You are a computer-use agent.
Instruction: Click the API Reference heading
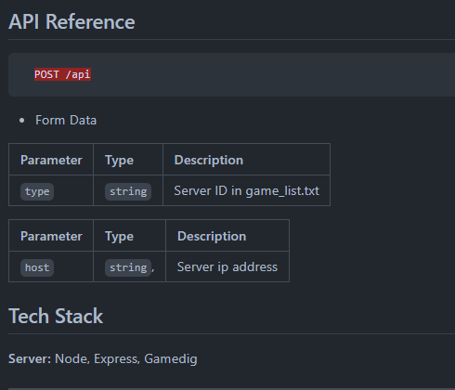tap(71, 22)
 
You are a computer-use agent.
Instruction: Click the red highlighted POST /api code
tap(62, 74)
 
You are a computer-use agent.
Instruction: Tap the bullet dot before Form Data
tap(21, 121)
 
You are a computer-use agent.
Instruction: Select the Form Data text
tap(66, 120)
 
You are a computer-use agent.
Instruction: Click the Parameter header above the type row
tap(51, 160)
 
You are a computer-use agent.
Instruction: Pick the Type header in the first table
tap(119, 161)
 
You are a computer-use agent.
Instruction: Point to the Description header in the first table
tap(209, 160)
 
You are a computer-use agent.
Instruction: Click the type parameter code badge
tap(37, 191)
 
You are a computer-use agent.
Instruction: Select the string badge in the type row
tap(128, 191)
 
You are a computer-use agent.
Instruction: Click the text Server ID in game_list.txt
tap(246, 190)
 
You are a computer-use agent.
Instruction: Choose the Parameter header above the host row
tap(51, 236)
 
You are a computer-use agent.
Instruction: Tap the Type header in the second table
tap(119, 237)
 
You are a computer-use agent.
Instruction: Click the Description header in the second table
tap(212, 236)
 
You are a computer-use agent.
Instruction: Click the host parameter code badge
tap(37, 267)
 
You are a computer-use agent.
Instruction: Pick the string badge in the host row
tap(128, 267)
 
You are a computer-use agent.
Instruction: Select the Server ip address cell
tap(227, 266)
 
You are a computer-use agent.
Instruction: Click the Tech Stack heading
tap(56, 316)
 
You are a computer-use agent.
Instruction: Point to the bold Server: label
tap(30, 358)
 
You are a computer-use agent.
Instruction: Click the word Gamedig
tap(171, 359)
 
